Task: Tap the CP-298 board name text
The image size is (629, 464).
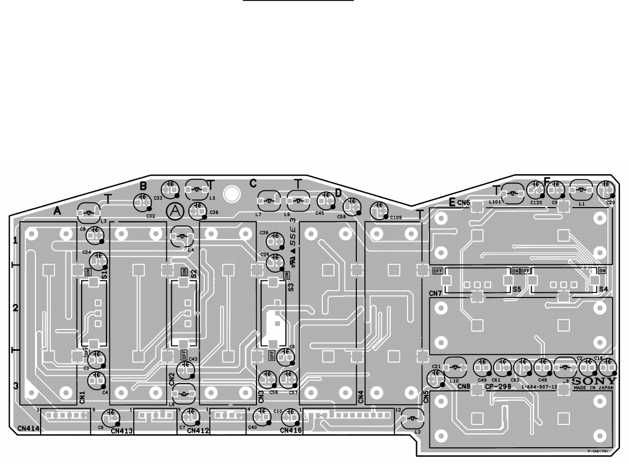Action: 497,387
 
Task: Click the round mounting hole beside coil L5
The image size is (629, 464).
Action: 232,193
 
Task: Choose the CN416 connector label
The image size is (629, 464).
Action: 291,431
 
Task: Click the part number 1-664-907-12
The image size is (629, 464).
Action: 539,387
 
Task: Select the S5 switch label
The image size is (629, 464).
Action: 516,289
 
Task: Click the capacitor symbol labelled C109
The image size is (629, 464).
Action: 378,209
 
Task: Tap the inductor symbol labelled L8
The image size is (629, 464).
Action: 183,393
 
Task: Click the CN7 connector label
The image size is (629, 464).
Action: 435,293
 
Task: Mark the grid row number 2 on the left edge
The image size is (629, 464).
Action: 15,308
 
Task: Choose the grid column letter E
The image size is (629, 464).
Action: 452,202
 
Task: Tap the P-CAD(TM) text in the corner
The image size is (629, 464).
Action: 598,451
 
